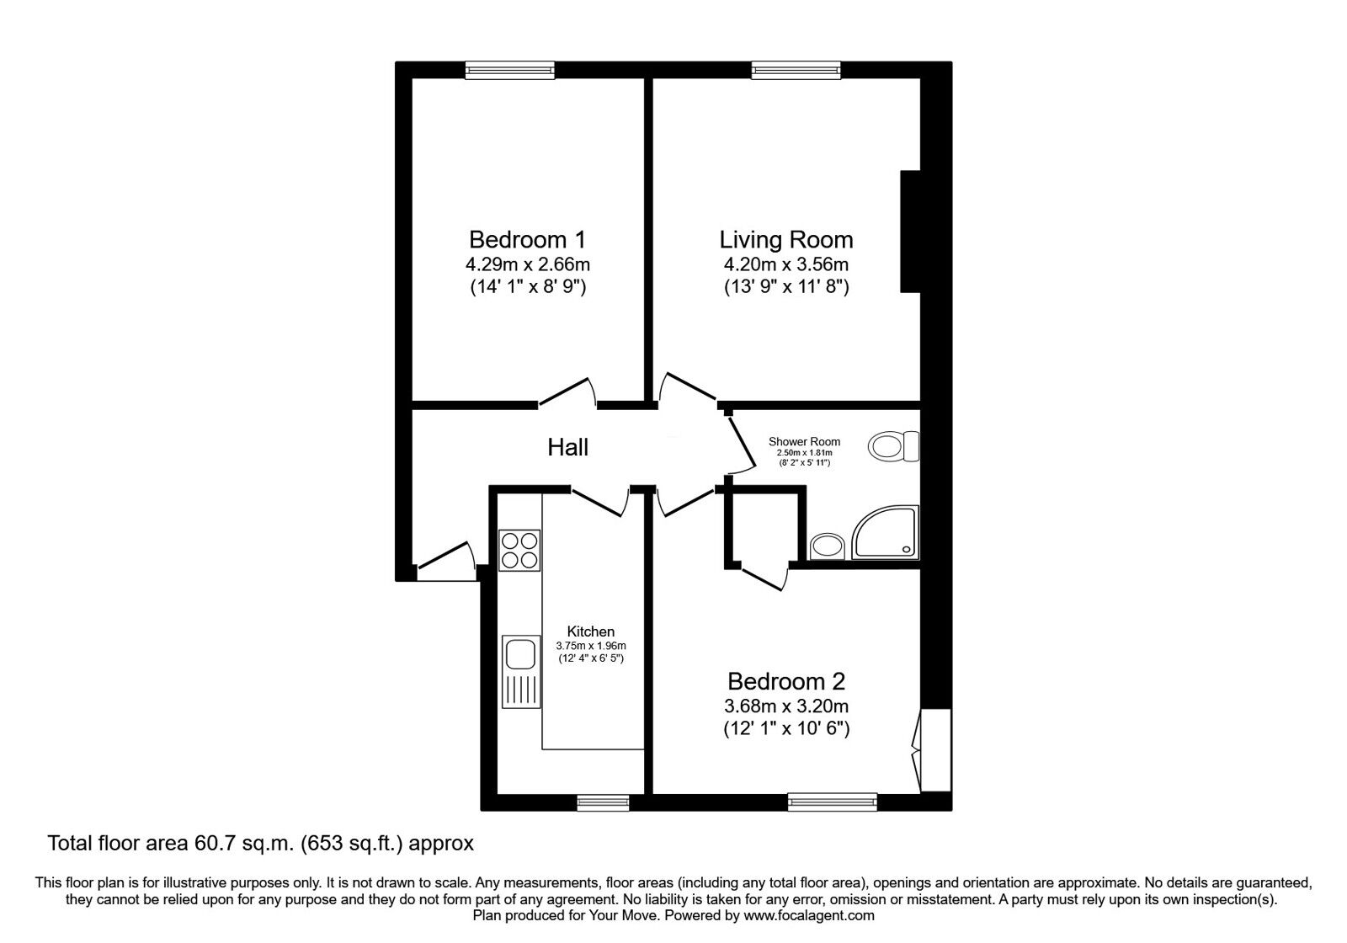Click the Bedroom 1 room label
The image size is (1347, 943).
(527, 239)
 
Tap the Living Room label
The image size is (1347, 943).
(786, 239)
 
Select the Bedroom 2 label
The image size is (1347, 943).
(786, 681)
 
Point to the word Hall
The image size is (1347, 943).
(567, 447)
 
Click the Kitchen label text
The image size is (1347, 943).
(590, 631)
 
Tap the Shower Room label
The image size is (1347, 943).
(804, 441)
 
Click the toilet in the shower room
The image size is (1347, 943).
(893, 446)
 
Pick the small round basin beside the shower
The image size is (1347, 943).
(828, 546)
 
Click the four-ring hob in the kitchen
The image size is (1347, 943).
(519, 551)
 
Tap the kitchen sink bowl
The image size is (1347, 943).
(520, 653)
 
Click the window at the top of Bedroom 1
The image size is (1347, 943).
(509, 70)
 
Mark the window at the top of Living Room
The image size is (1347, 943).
(796, 70)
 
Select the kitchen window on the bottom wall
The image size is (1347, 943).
(603, 802)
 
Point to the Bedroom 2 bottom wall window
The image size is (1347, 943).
(833, 802)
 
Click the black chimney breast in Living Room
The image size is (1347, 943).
(910, 232)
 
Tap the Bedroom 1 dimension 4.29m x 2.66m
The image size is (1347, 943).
(527, 264)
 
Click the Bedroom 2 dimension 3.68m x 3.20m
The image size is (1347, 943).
(786, 706)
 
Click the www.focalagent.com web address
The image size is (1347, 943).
(809, 916)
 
